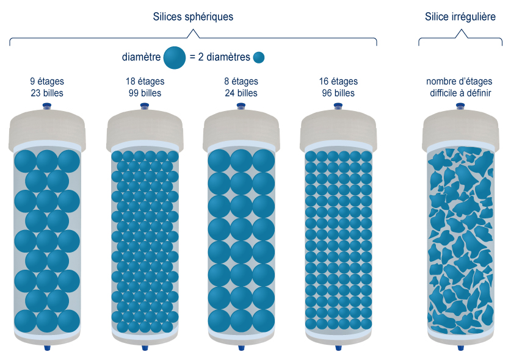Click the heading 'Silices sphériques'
pyautogui.click(x=193, y=17)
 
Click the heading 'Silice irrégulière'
pyautogui.click(x=460, y=17)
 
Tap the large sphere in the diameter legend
pyautogui.click(x=175, y=57)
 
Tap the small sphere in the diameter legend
pyautogui.click(x=259, y=58)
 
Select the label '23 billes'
pyautogui.click(x=47, y=93)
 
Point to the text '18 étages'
pyautogui.click(x=144, y=81)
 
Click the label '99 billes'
pyautogui.click(x=144, y=93)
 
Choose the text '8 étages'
pyautogui.click(x=241, y=81)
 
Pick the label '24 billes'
pyautogui.click(x=241, y=93)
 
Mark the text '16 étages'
pyautogui.click(x=338, y=81)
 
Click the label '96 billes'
pyautogui.click(x=338, y=93)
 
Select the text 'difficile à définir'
pyautogui.click(x=459, y=93)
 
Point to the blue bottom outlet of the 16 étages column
pyautogui.click(x=338, y=349)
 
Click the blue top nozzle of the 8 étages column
pyautogui.click(x=241, y=107)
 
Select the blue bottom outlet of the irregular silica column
pyautogui.click(x=460, y=349)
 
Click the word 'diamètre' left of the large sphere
pyautogui.click(x=141, y=58)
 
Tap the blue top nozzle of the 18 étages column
pyautogui.click(x=144, y=107)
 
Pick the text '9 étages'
pyautogui.click(x=47, y=81)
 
